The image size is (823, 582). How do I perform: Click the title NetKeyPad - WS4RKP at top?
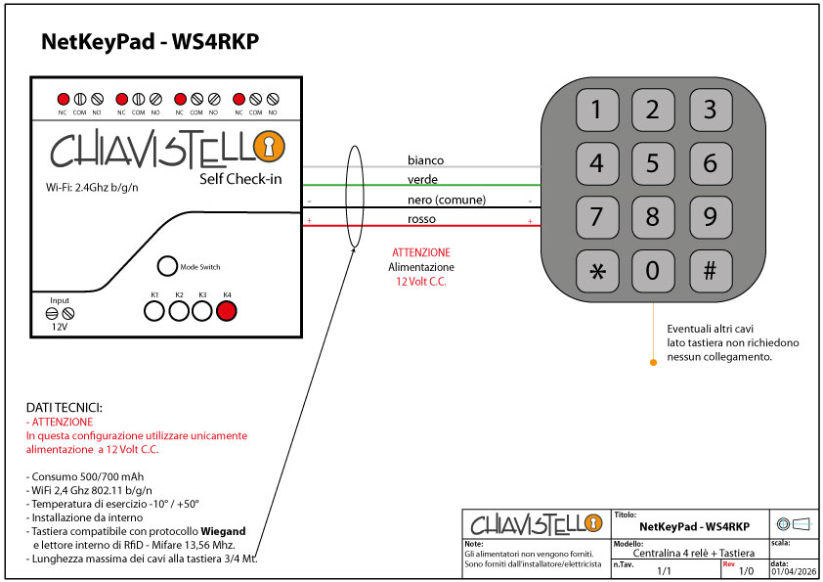tap(150, 42)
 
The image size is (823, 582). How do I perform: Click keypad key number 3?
tap(711, 110)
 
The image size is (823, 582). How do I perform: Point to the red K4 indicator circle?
tap(227, 311)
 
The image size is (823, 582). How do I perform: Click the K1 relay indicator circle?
tap(154, 311)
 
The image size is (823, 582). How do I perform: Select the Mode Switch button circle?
tap(168, 266)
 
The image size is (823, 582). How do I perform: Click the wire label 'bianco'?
tap(425, 159)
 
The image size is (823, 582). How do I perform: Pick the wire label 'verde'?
tap(422, 180)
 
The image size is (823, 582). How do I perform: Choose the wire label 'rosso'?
tap(421, 219)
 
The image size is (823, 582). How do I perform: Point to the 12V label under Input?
tap(60, 328)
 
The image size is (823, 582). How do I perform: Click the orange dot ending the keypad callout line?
tap(653, 362)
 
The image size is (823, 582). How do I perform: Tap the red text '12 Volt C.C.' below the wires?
tap(420, 281)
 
